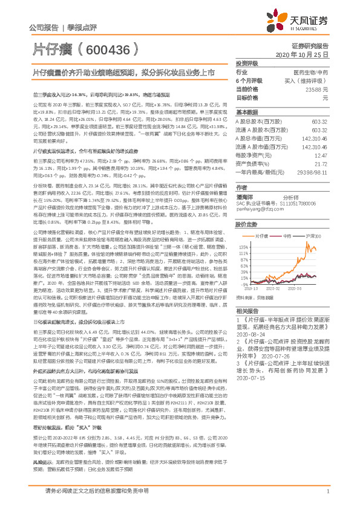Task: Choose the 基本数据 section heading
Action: click(247, 113)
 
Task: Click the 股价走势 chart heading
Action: click(247, 224)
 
